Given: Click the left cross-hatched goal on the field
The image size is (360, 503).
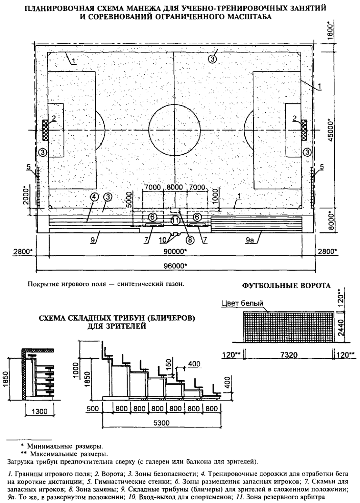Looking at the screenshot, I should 45,130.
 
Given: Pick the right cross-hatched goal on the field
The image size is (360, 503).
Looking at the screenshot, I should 303,130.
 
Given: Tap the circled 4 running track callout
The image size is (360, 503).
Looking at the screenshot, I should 95,197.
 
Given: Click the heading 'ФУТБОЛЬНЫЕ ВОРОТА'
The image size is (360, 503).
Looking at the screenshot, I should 286,286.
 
